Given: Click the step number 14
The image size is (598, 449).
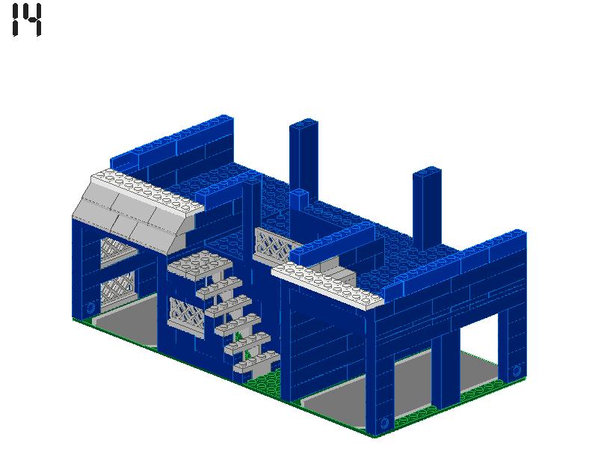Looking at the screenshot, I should (27, 20).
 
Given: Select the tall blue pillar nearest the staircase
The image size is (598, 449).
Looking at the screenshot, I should (303, 157).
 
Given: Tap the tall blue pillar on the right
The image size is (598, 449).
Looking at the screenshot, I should (427, 206).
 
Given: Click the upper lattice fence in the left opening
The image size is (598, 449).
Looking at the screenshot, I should (116, 250).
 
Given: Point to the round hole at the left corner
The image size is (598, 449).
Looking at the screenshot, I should (90, 307).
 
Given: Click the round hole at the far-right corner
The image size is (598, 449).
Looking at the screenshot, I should (516, 370).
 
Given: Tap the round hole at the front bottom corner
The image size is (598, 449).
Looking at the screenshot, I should (386, 422).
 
